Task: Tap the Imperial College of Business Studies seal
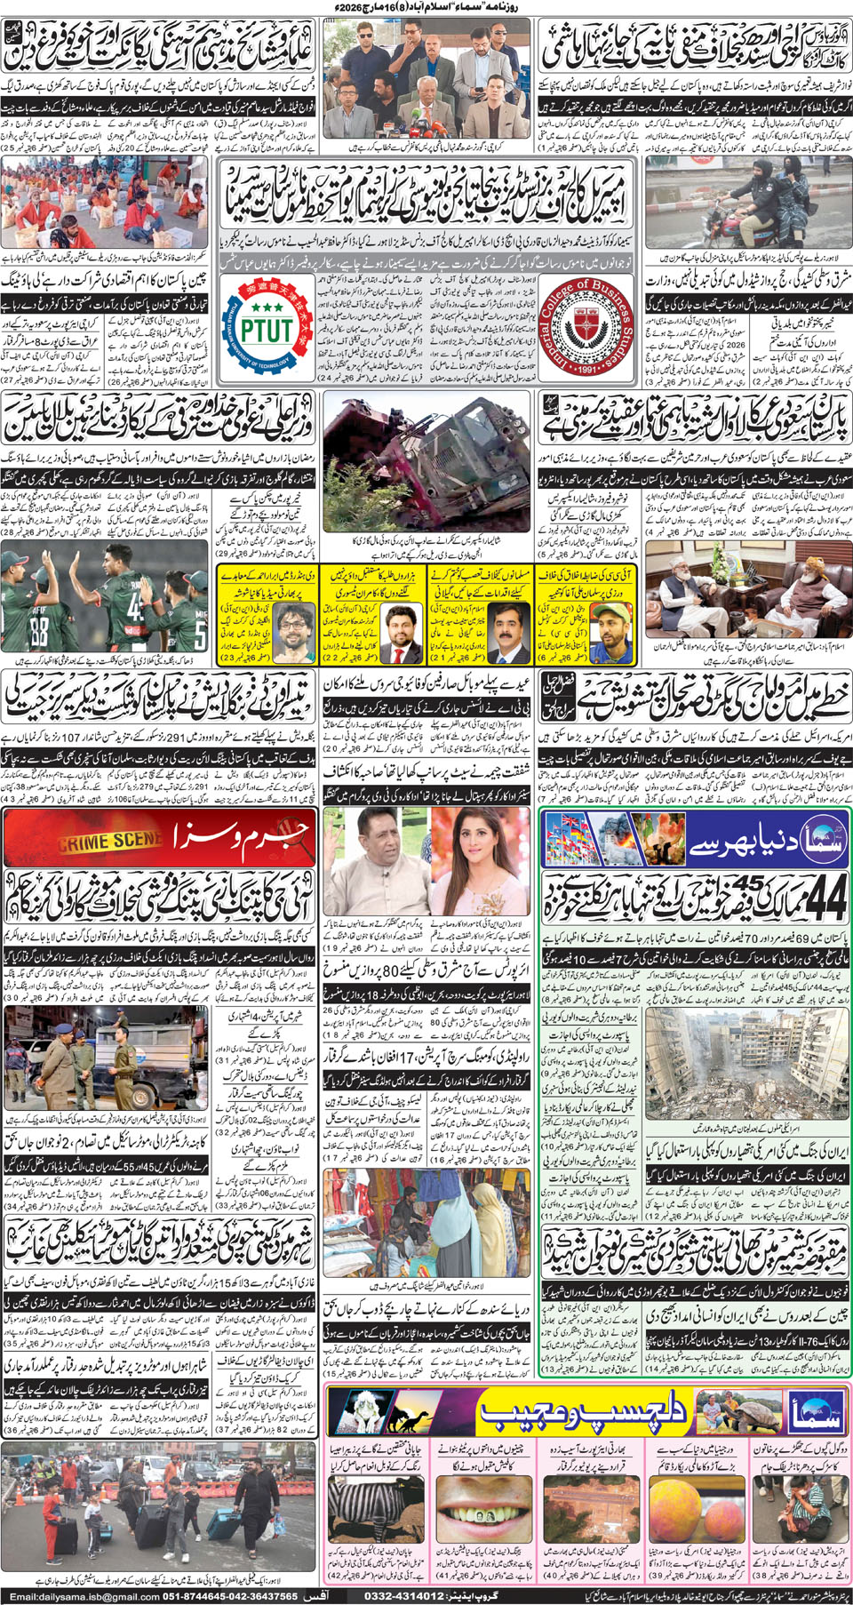click(587, 326)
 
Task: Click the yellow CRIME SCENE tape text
click(111, 840)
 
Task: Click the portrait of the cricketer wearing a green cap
click(609, 624)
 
